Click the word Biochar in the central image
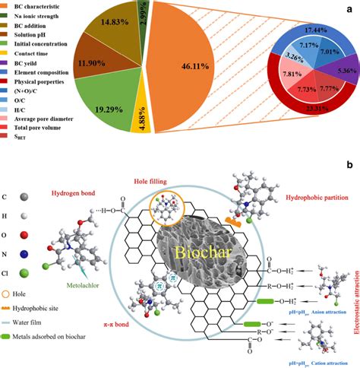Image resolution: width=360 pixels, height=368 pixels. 203,252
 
